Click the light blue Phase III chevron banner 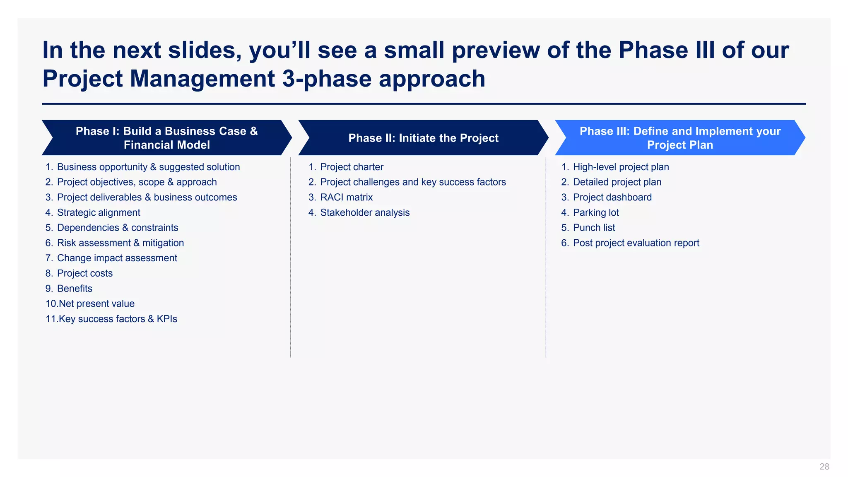680,138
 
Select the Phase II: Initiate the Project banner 423,138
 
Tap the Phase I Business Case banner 166,138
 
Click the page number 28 824,467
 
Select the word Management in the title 202,79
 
